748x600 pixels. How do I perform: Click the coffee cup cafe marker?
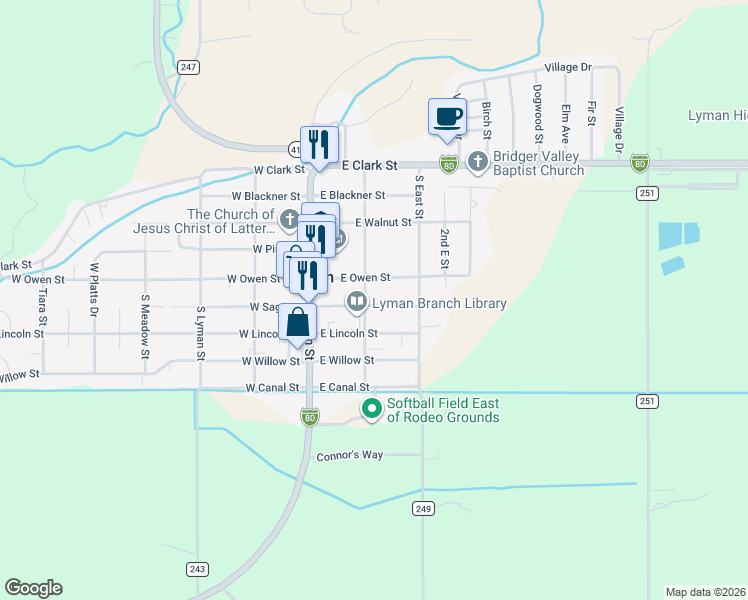(447, 117)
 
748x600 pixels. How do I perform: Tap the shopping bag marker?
(298, 323)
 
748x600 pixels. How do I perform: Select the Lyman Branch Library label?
(439, 303)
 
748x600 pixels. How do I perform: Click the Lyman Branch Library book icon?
(356, 301)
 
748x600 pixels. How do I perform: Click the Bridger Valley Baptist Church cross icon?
(478, 161)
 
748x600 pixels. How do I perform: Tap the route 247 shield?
(190, 67)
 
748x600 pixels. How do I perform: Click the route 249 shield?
(422, 509)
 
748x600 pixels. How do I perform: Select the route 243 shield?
(196, 569)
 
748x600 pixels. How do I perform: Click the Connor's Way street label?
(350, 455)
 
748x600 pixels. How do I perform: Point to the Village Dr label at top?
(568, 67)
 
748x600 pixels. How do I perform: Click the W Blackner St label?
(266, 196)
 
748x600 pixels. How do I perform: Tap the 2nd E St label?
(443, 249)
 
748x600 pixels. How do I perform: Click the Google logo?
(33, 588)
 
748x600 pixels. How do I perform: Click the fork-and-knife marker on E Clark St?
(319, 145)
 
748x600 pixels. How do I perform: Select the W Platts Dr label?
(94, 289)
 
